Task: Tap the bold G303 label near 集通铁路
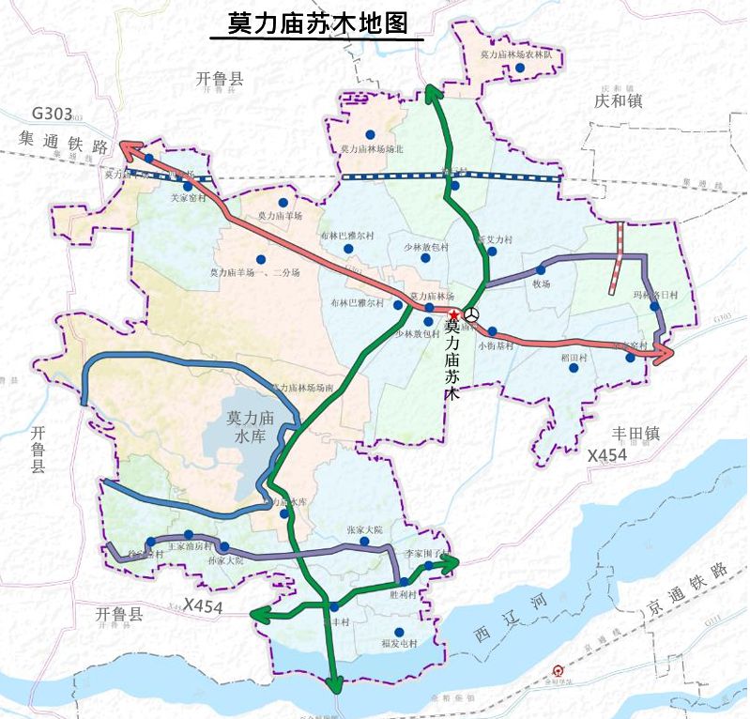pyautogui.click(x=52, y=115)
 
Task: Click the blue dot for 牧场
pyautogui.click(x=541, y=270)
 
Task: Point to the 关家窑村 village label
pyautogui.click(x=186, y=199)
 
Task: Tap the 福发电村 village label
pyautogui.click(x=399, y=644)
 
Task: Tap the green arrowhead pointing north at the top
pyautogui.click(x=432, y=91)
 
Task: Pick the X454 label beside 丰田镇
pyautogui.click(x=606, y=455)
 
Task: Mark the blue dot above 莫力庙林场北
pyautogui.click(x=371, y=134)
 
